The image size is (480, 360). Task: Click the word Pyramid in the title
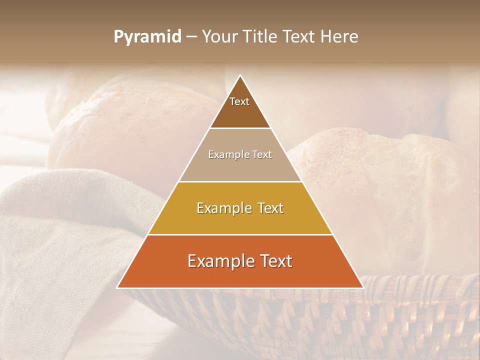coord(147,37)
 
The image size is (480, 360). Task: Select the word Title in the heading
coord(262,37)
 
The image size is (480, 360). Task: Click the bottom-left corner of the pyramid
coord(117,287)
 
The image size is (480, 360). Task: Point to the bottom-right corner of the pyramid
coord(363,287)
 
